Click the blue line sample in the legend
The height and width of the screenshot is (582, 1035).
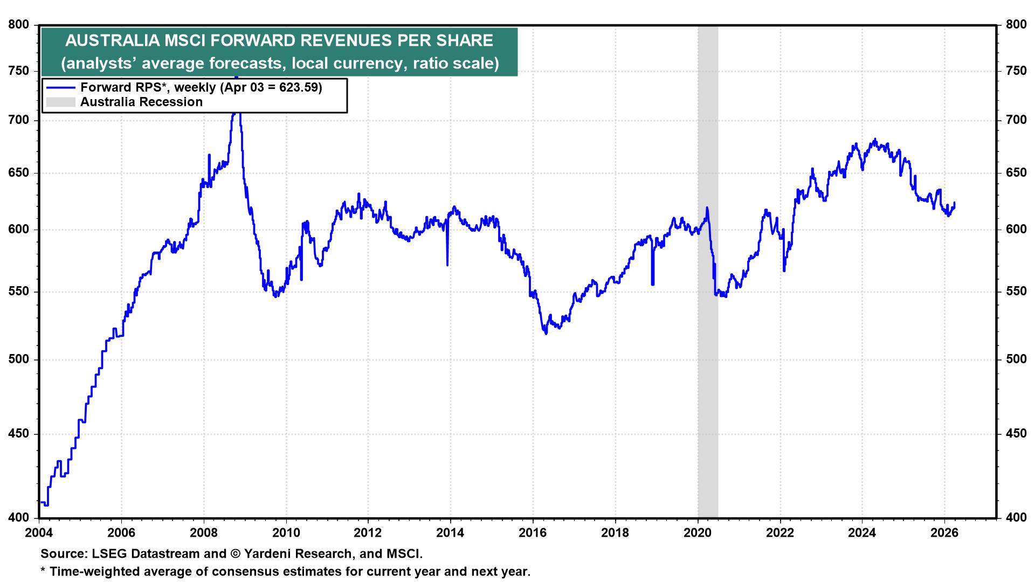[60, 88]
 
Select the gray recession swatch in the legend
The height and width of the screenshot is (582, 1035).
[60, 102]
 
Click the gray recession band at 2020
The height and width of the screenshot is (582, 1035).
[708, 377]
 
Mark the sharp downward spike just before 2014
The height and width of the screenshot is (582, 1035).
[447, 265]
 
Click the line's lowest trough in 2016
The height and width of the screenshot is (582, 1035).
[546, 334]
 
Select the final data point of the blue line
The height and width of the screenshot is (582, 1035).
[955, 203]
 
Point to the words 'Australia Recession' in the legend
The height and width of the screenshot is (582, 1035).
[141, 102]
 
